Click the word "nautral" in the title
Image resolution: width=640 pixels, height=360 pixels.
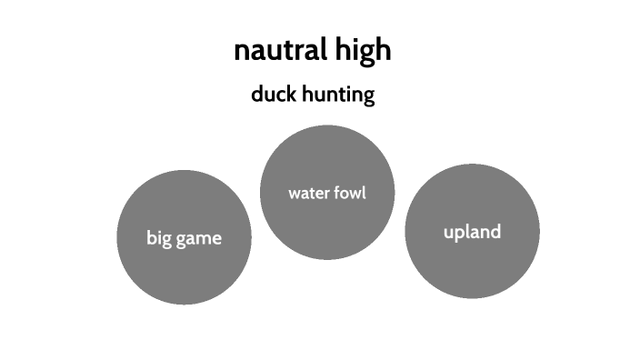pyautogui.click(x=278, y=51)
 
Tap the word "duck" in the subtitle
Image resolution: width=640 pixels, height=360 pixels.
pyautogui.click(x=272, y=95)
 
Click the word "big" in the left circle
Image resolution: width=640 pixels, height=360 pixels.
pyautogui.click(x=159, y=239)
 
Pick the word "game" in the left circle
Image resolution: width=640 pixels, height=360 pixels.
pyautogui.click(x=199, y=239)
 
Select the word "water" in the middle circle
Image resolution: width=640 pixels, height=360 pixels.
pyautogui.click(x=308, y=193)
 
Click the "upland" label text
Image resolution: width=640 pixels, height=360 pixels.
pyautogui.click(x=472, y=233)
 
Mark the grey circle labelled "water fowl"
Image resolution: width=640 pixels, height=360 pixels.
pyautogui.click(x=327, y=155)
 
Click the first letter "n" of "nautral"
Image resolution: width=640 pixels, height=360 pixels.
pyautogui.click(x=241, y=51)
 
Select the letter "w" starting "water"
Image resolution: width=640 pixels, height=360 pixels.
pyautogui.click(x=295, y=194)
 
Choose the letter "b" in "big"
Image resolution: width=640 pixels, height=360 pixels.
pyautogui.click(x=152, y=238)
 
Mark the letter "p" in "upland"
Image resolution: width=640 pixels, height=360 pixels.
pyautogui.click(x=460, y=235)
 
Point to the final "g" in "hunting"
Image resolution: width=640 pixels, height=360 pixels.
pyautogui.click(x=368, y=97)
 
